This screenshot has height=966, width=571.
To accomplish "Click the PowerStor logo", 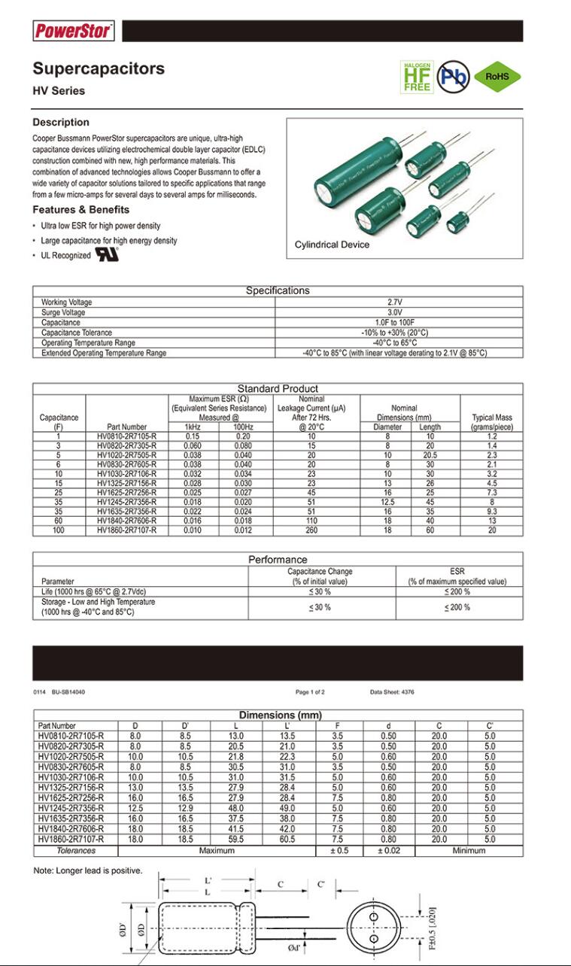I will pyautogui.click(x=73, y=31).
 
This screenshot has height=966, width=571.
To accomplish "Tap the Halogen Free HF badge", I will pyautogui.click(x=416, y=76).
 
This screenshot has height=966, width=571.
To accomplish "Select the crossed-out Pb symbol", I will pyautogui.click(x=454, y=76).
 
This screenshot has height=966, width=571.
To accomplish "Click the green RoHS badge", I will pyautogui.click(x=497, y=76).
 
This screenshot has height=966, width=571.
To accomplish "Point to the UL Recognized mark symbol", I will pyautogui.click(x=106, y=254).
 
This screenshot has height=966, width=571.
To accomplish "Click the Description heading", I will pyautogui.click(x=61, y=122).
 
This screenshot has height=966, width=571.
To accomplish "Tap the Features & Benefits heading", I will pyautogui.click(x=80, y=209).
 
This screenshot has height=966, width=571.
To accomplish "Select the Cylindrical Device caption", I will pyautogui.click(x=332, y=245).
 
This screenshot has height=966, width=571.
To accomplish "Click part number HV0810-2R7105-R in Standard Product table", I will pyautogui.click(x=126, y=436).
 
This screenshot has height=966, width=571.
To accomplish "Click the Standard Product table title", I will pyautogui.click(x=278, y=388).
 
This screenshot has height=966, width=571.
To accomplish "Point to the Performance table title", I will pyautogui.click(x=278, y=559).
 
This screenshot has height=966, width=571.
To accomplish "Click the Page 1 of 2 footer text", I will pyautogui.click(x=310, y=691).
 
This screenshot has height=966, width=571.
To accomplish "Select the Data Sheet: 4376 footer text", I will pyautogui.click(x=392, y=691).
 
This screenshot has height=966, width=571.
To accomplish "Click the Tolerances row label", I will pyautogui.click(x=76, y=850).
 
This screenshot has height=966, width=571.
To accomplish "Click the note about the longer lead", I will pyautogui.click(x=88, y=870).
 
